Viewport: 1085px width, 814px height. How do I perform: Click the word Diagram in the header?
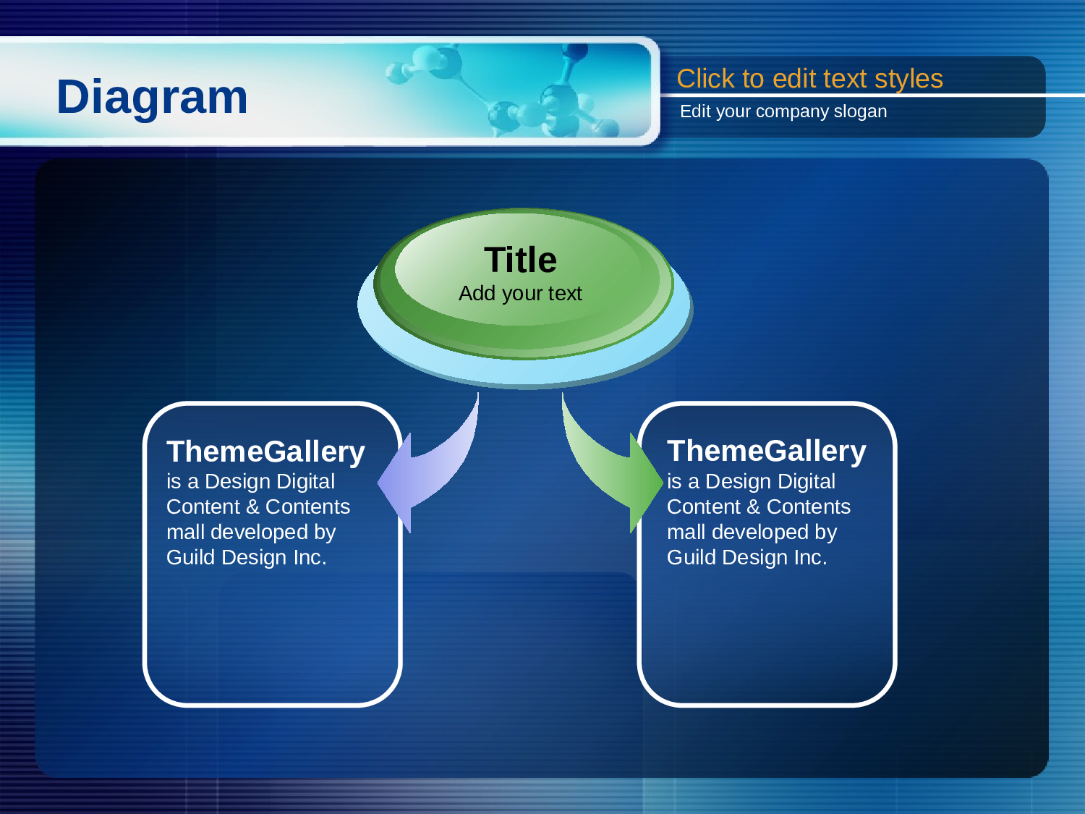pos(152,98)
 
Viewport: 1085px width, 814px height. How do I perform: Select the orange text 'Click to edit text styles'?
pos(809,79)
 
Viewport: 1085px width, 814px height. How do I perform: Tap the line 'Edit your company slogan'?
pos(783,111)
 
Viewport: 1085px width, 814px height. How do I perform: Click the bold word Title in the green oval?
pos(520,260)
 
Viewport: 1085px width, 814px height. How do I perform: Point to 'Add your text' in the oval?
pos(520,293)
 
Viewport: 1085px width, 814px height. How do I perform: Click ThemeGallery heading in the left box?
pos(265,452)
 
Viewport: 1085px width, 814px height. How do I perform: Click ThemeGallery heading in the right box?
pos(766,451)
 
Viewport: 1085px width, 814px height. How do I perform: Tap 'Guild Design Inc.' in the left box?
pos(246,557)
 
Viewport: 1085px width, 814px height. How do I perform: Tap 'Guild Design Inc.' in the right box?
pos(747,557)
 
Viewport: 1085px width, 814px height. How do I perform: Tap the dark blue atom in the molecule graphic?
pos(576,51)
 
